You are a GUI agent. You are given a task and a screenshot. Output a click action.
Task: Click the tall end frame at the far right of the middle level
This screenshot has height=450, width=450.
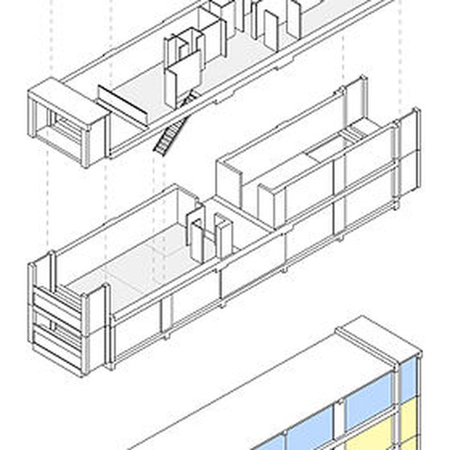(x=408, y=157)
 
